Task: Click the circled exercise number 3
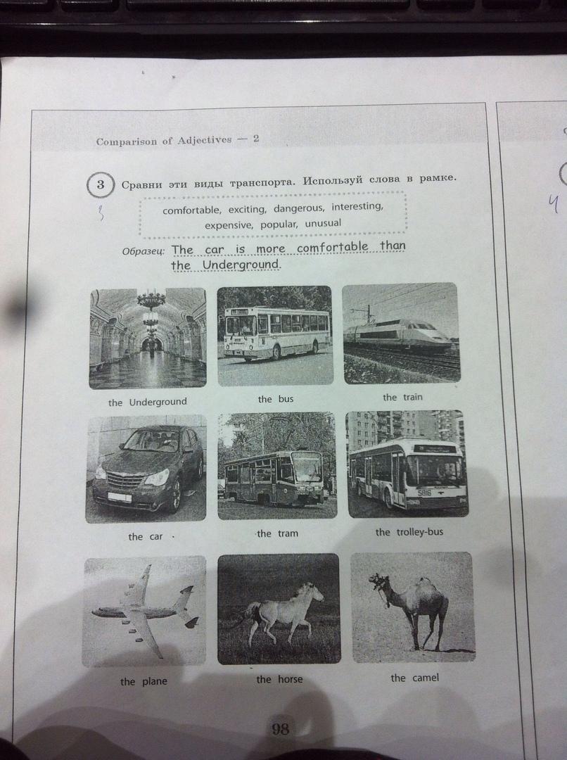point(101,184)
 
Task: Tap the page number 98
point(279,728)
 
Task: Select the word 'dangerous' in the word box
point(298,208)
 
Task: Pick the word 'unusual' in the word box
point(323,224)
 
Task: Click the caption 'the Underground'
point(147,403)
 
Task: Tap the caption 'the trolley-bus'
point(409,532)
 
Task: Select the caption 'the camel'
point(415,678)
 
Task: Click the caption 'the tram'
point(278,533)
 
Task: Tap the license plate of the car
point(119,497)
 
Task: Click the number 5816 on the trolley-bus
point(424,493)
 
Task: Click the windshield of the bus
point(241,324)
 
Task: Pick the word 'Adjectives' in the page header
point(205,141)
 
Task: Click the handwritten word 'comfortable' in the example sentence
point(333,247)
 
